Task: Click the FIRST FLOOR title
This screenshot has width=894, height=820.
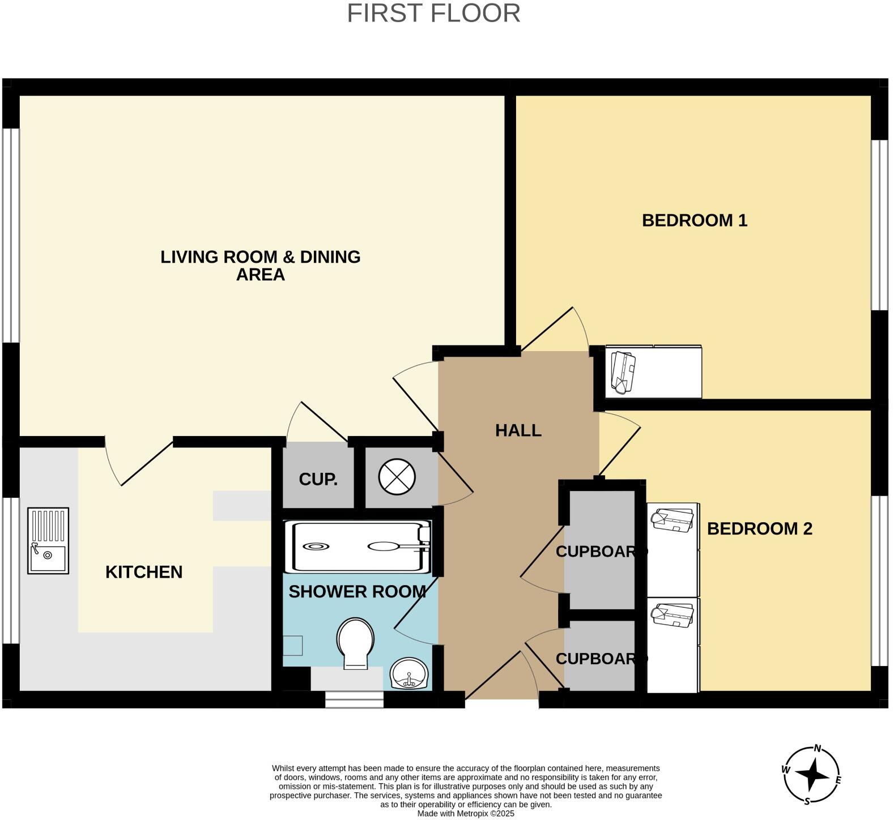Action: [x=433, y=14]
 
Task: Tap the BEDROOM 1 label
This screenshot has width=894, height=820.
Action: [x=695, y=220]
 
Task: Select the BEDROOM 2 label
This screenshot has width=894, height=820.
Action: [x=759, y=529]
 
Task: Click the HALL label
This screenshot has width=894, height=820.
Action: [x=518, y=431]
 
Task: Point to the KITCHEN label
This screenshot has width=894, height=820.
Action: [x=144, y=572]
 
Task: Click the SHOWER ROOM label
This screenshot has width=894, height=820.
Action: [x=357, y=592]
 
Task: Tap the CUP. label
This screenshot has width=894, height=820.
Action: [x=318, y=480]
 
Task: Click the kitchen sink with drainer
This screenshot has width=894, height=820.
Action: [x=48, y=541]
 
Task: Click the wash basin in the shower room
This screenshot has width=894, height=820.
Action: [x=409, y=673]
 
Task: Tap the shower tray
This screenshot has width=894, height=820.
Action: [x=361, y=546]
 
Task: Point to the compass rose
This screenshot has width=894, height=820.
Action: [x=812, y=775]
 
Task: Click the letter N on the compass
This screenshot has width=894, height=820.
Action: [x=818, y=748]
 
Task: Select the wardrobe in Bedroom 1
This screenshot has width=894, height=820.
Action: [x=653, y=372]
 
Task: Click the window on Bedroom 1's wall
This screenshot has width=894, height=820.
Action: [x=879, y=225]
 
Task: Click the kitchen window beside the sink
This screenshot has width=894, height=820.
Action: [x=11, y=570]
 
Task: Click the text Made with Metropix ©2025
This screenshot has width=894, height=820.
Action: [x=466, y=814]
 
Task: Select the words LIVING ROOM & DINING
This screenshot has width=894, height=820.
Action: [x=260, y=257]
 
